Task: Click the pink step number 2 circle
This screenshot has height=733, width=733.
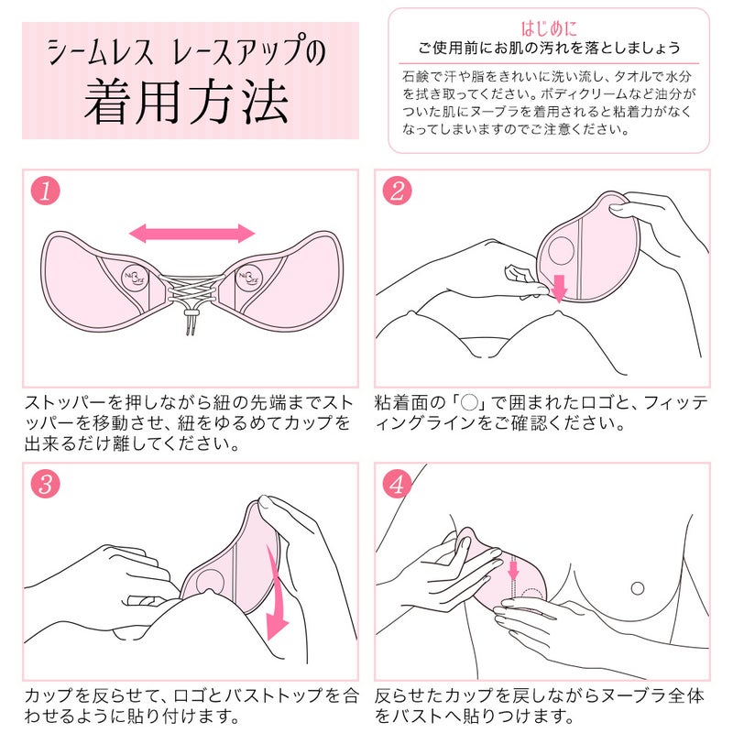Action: click(397, 191)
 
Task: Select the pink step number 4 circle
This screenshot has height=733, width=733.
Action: click(397, 486)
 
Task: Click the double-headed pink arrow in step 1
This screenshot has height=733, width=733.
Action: click(191, 234)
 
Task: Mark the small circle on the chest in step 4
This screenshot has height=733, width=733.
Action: click(637, 587)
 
